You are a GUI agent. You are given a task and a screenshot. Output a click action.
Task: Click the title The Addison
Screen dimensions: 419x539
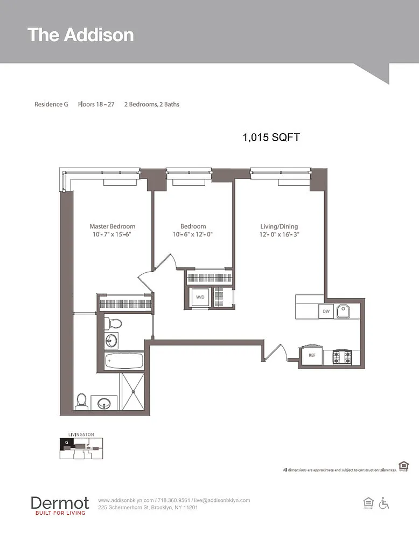pos(81,35)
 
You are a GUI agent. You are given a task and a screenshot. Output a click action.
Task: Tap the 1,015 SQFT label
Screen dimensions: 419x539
pos(271,137)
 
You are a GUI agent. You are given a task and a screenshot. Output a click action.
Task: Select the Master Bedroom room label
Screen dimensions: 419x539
pos(113,226)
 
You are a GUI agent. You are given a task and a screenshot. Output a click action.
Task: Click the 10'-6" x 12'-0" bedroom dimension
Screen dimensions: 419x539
pos(193,234)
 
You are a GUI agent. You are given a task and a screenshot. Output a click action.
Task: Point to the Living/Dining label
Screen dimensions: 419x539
pos(279,226)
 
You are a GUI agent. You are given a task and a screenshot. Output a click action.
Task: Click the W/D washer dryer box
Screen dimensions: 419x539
pos(200,297)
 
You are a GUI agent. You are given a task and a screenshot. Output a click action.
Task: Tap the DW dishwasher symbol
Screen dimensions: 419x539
pos(326,312)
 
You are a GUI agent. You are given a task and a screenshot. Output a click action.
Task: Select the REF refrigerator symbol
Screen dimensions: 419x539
pos(312,355)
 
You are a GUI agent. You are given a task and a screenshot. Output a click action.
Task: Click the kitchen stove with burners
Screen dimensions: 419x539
pos(342,357)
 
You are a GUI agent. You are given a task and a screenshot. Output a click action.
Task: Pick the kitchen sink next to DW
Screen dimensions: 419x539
pos(343,312)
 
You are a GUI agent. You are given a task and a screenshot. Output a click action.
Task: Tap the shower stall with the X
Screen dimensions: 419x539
pos(133,391)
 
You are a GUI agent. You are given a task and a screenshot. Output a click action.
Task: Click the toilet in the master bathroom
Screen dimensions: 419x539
pos(81,402)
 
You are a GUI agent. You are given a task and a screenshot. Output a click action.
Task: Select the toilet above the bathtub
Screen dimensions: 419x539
pos(113,323)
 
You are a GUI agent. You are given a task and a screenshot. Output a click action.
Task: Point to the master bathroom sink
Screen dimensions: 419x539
pos(104,403)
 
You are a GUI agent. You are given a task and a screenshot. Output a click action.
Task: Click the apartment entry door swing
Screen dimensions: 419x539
pos(275,353)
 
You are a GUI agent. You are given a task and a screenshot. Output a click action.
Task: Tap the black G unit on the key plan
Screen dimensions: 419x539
pos(67,443)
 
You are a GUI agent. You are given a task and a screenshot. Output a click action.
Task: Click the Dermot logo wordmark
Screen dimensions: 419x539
pos(60,503)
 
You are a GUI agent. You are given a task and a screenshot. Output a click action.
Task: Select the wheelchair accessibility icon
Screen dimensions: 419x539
pos(384,503)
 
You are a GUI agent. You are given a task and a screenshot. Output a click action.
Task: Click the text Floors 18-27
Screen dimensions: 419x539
pos(96,105)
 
